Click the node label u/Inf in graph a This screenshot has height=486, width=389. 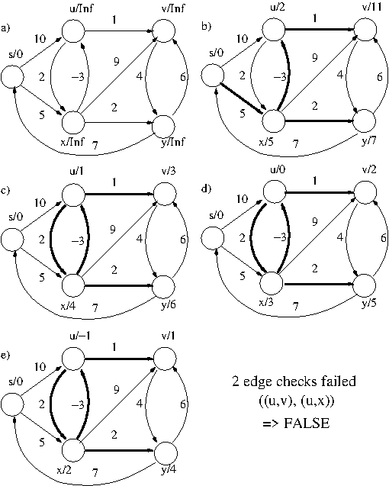pos(81,8)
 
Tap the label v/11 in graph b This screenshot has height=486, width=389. pos(371,8)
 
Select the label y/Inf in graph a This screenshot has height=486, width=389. pos(172,142)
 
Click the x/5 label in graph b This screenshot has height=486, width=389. pos(267,142)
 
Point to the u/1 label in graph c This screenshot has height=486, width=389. pos(76,172)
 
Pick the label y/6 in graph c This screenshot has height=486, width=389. pos(169,304)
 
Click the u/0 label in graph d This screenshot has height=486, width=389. pos(278,169)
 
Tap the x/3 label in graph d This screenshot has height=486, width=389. pos(266,302)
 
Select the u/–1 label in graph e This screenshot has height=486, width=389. pos(80,336)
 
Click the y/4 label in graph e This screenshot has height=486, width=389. pos(169,470)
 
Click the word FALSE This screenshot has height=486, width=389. pos(307,423)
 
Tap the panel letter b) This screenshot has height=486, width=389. pos(206,27)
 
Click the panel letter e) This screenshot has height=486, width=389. pos(5,356)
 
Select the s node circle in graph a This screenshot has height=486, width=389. pos(12,76)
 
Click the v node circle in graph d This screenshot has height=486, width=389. pos(366,192)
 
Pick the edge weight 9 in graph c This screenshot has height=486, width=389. pos(113,230)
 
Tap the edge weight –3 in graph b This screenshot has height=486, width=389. pos(280,76)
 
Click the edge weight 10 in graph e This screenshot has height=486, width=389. pos(40,367)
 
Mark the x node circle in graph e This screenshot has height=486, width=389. pos(73,450)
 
